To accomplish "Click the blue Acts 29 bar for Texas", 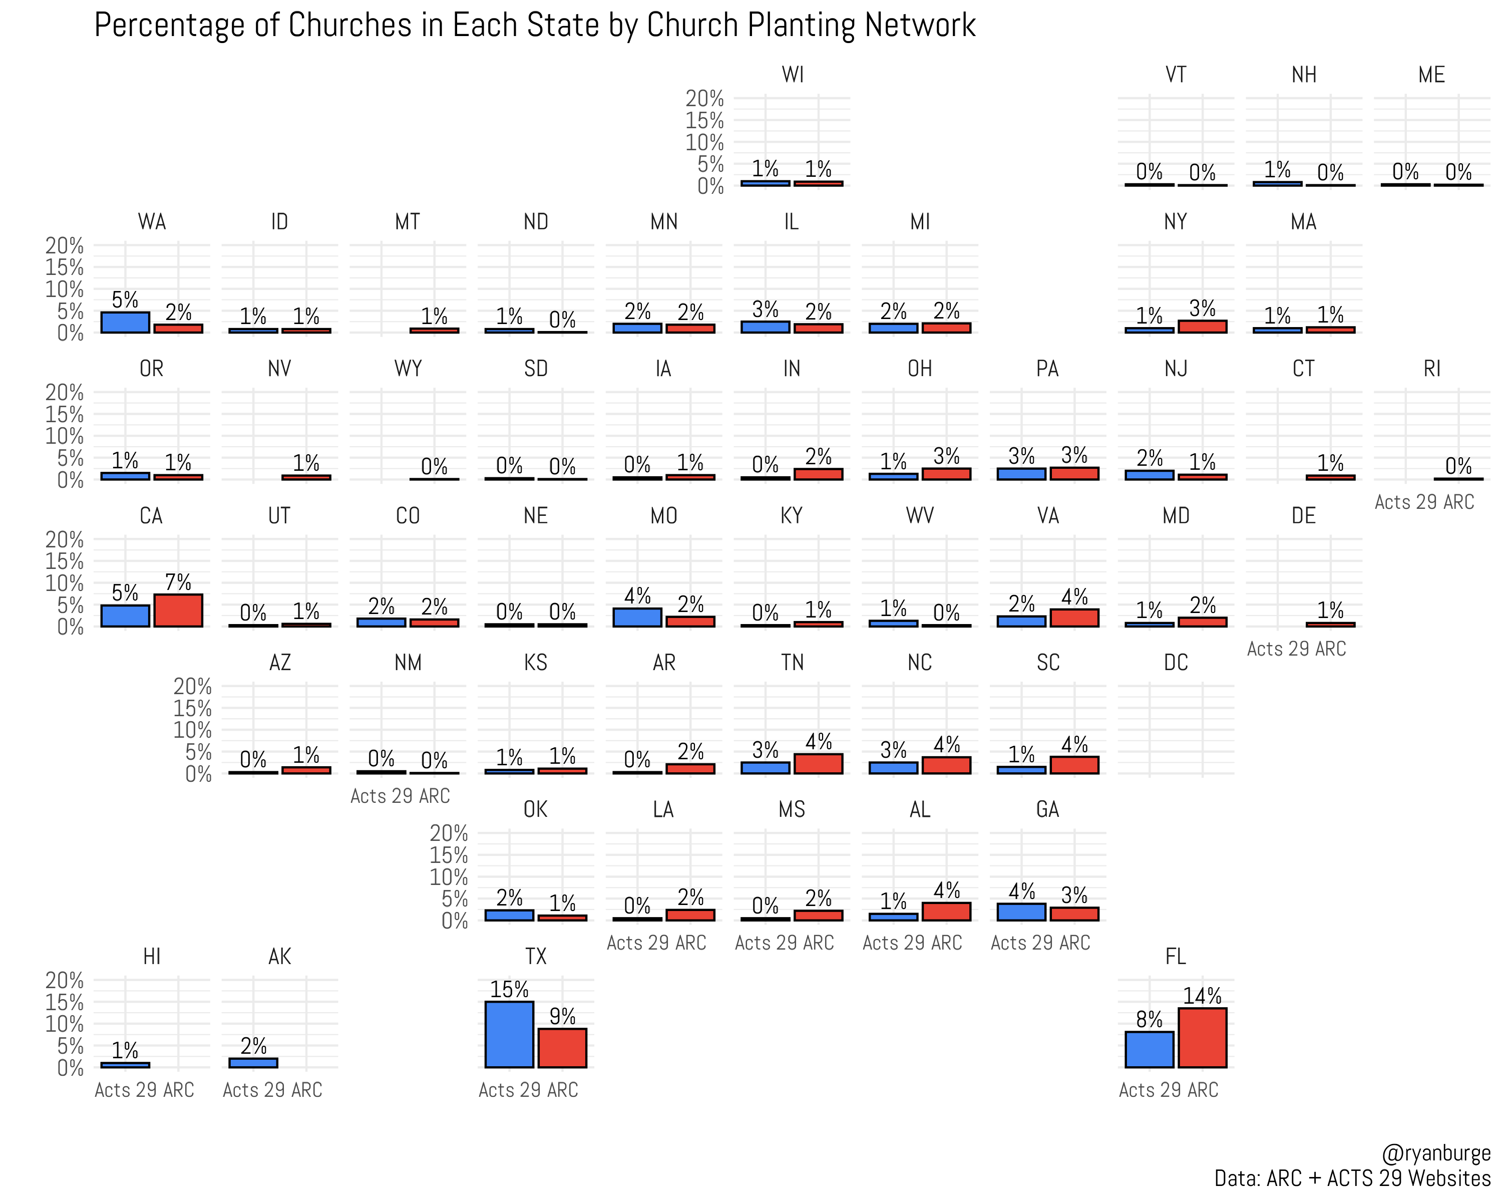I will (x=509, y=1034).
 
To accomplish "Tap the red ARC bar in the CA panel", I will (x=178, y=611).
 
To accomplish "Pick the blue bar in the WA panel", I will (x=125, y=322).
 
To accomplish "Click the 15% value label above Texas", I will (x=509, y=990).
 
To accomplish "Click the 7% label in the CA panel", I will (x=178, y=582).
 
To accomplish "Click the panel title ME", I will (x=1431, y=75).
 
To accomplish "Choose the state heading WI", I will (x=792, y=75).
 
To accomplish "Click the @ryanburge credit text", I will (x=1436, y=1153).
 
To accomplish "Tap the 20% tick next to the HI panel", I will (x=64, y=981).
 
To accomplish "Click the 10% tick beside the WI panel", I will (x=704, y=142).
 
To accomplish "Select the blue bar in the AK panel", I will (x=253, y=1063).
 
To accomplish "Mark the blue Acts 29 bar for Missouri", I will (x=637, y=618).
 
